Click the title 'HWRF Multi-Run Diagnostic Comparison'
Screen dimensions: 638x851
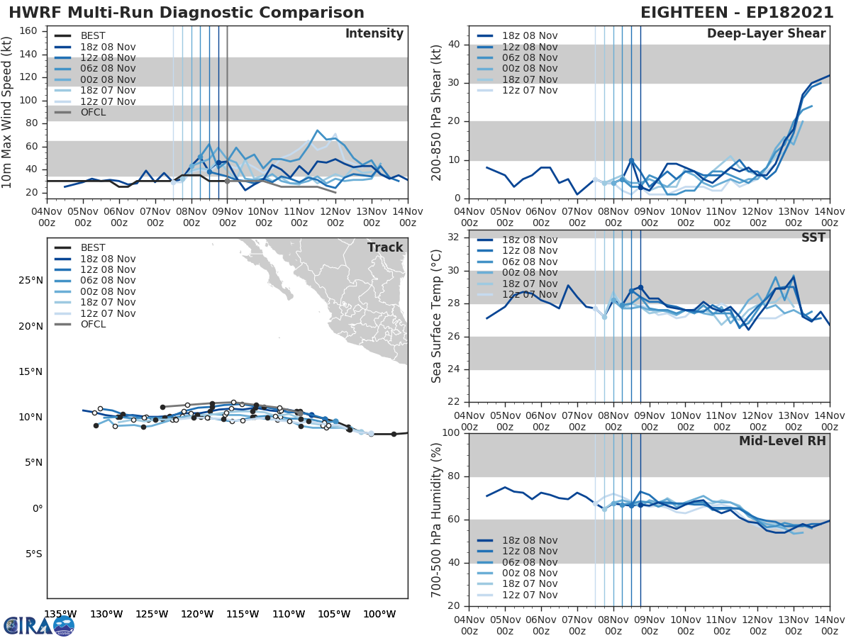point(187,13)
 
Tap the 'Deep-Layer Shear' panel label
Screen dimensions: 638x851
point(766,34)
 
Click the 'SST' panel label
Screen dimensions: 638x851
point(813,237)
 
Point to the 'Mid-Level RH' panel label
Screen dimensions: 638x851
point(782,441)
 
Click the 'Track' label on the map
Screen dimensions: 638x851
point(385,247)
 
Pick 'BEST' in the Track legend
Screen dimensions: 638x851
point(93,247)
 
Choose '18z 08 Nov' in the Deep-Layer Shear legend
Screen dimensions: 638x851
point(530,36)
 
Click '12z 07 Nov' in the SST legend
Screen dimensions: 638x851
point(530,294)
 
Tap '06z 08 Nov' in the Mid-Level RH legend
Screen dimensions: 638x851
point(530,562)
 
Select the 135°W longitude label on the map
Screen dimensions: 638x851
point(60,614)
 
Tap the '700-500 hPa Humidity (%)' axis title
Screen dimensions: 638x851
point(436,520)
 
